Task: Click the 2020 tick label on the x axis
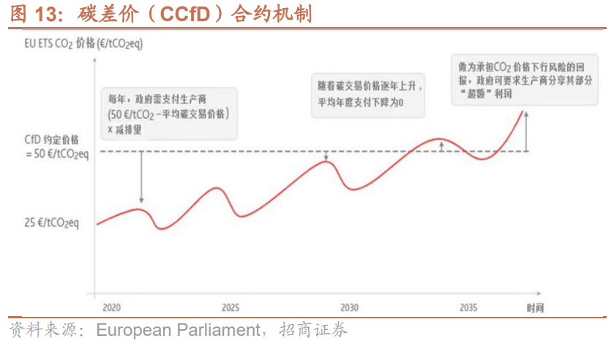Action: pyautogui.click(x=112, y=307)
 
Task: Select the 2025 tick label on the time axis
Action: pyautogui.click(x=231, y=307)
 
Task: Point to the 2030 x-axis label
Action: pyautogui.click(x=350, y=307)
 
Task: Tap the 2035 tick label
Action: pyautogui.click(x=468, y=307)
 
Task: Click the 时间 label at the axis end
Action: pyautogui.click(x=535, y=307)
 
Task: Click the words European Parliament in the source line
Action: pyautogui.click(x=179, y=331)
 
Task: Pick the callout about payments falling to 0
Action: pyautogui.click(x=368, y=94)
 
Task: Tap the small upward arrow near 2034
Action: pyautogui.click(x=441, y=146)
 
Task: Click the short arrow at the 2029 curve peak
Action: pyautogui.click(x=327, y=155)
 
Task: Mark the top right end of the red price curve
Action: pyautogui.click(x=524, y=110)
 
